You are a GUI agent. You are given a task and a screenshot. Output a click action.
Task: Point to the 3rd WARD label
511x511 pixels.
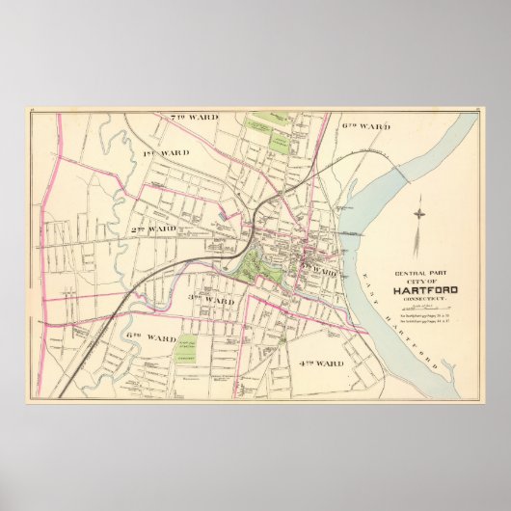pyautogui.click(x=211, y=301)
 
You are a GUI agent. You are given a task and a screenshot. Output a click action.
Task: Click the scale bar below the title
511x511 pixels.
pyautogui.click(x=425, y=308)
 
